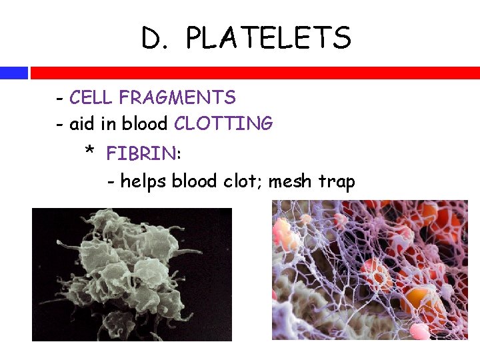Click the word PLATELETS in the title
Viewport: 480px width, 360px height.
pos(268,39)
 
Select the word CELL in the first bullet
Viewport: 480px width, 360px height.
pos(91,98)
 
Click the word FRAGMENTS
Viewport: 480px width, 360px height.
pos(177,98)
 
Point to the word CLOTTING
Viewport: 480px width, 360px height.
pos(223,123)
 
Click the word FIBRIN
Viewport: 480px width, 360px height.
pos(141,154)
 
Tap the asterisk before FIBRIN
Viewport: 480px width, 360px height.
pos(90,153)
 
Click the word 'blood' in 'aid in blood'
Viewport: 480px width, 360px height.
pos(143,123)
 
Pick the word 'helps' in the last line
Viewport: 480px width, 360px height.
pos(143,181)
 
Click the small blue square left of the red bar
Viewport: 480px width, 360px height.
pos(13,73)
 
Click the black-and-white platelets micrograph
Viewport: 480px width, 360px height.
pos(132,274)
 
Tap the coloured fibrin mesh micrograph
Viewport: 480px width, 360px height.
pos(370,270)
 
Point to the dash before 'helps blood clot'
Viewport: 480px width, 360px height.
pos(111,182)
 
